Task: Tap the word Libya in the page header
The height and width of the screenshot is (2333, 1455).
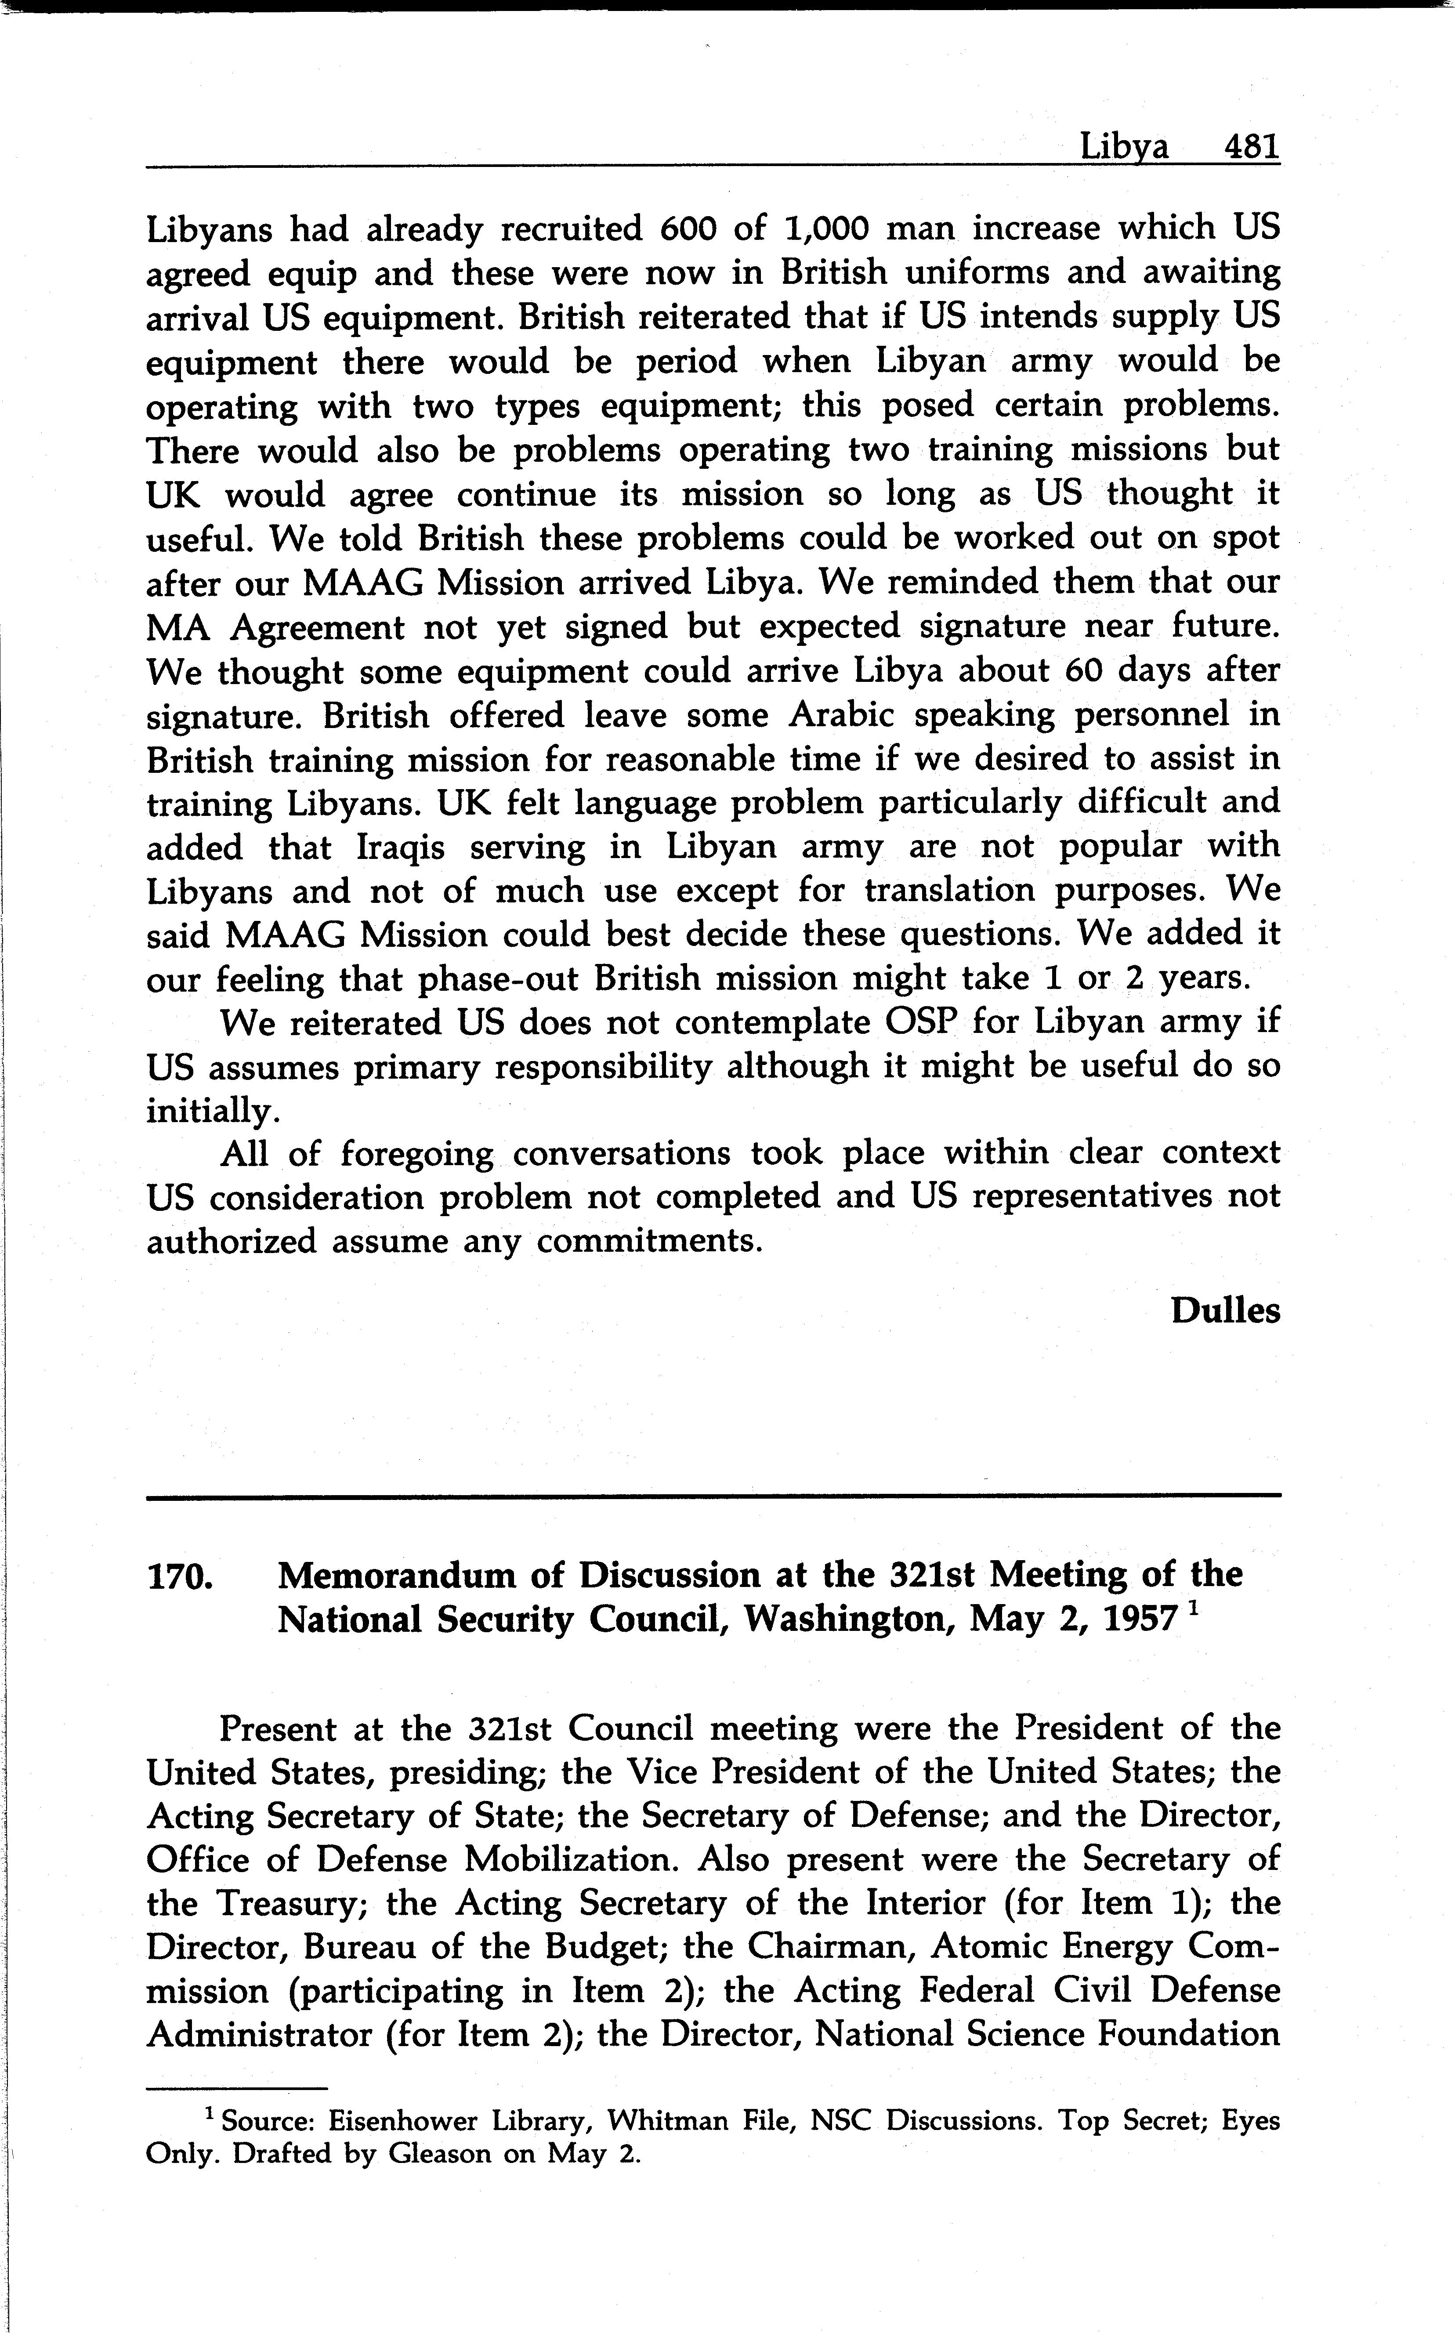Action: point(1124,147)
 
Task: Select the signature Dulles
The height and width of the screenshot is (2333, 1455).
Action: point(1225,1311)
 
